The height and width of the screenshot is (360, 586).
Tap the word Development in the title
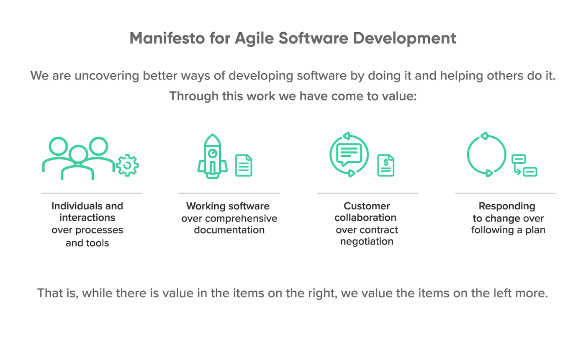(404, 39)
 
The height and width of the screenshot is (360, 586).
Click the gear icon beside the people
(127, 165)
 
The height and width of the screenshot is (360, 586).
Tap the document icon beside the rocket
(244, 165)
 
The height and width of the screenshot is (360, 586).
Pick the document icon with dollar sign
(386, 165)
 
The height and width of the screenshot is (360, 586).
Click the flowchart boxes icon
(524, 165)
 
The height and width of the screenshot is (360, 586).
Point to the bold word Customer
(367, 206)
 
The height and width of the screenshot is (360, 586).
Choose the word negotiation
(367, 242)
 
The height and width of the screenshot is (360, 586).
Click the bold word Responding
(507, 206)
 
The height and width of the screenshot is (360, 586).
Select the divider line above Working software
(229, 193)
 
